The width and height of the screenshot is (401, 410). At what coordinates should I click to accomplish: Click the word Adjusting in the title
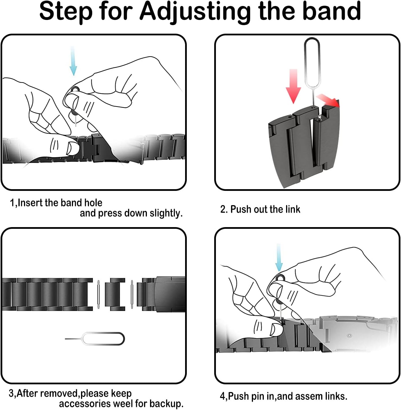pyautogui.click(x=195, y=12)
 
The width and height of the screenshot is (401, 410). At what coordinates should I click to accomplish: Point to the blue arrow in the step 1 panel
pyautogui.click(x=73, y=61)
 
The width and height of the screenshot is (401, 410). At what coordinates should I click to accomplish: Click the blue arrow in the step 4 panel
pyautogui.click(x=279, y=257)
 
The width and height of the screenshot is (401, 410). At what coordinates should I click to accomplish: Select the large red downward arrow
pyautogui.click(x=293, y=86)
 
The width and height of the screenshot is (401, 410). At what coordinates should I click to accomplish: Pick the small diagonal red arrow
pyautogui.click(x=328, y=101)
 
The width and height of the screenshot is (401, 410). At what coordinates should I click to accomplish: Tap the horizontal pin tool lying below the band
pyautogui.click(x=95, y=339)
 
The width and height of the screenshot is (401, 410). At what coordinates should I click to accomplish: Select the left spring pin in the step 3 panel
pyautogui.click(x=98, y=294)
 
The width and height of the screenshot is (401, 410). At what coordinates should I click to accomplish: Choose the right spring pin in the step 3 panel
pyautogui.click(x=132, y=294)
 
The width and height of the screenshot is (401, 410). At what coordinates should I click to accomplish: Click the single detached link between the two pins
pyautogui.click(x=115, y=294)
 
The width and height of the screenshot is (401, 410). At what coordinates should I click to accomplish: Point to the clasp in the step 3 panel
pyautogui.click(x=170, y=294)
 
